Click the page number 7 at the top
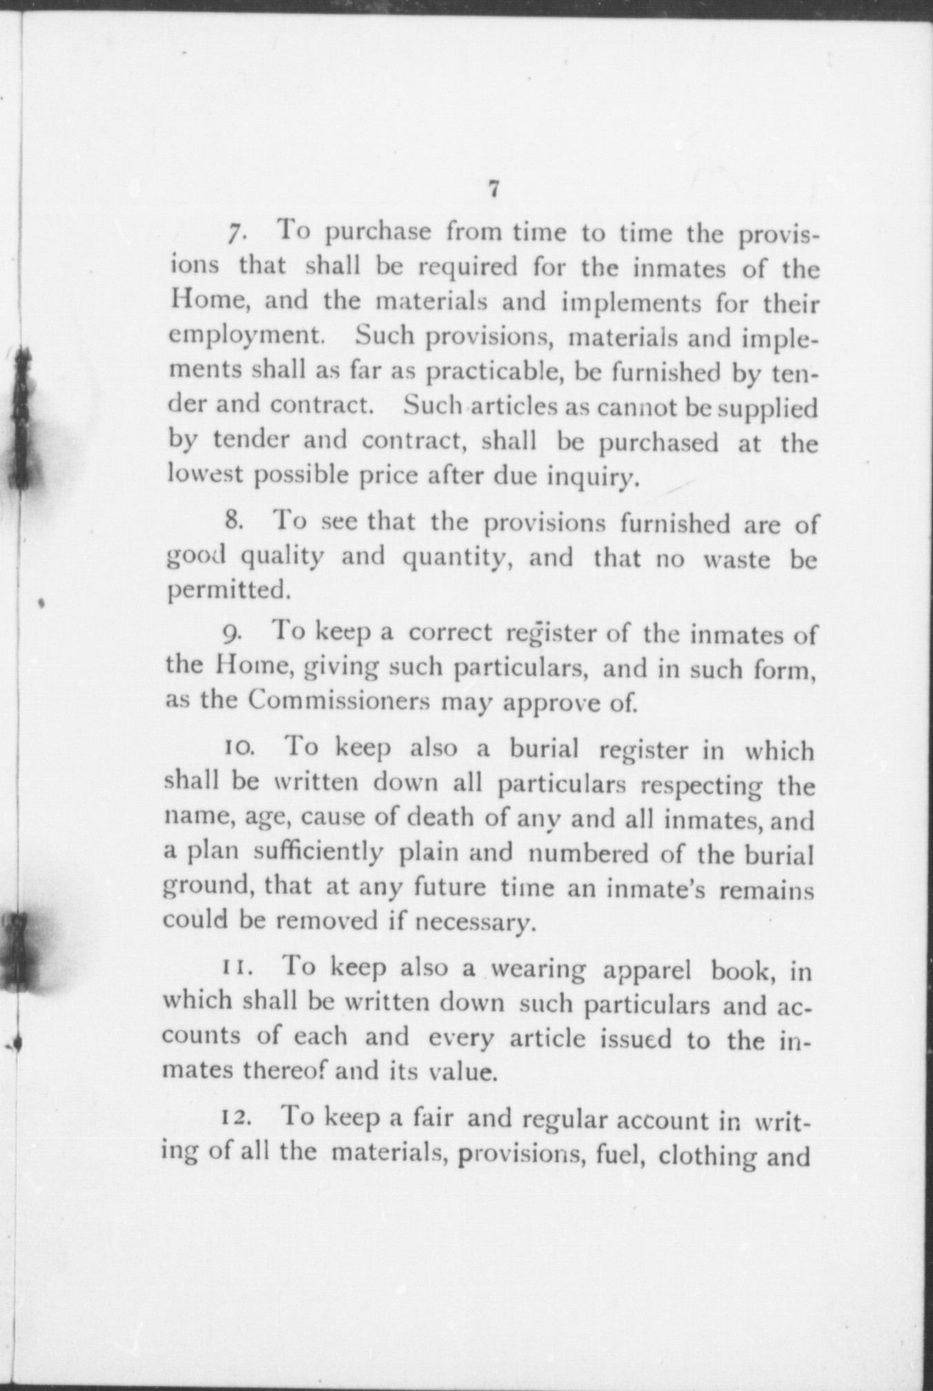(x=492, y=188)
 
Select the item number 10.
(x=239, y=747)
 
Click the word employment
(x=246, y=337)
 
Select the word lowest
(x=203, y=476)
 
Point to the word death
(x=440, y=818)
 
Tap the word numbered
(x=589, y=853)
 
